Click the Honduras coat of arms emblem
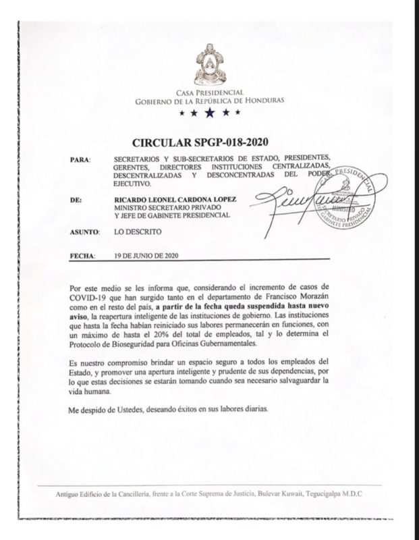[x=210, y=67]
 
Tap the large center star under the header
[x=210, y=112]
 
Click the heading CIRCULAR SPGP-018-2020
[x=209, y=144]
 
